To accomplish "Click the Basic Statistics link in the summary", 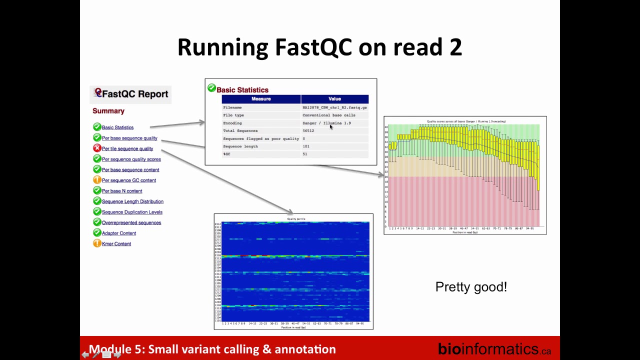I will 117,127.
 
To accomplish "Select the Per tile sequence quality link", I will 127,148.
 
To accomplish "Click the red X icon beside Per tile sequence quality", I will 97,148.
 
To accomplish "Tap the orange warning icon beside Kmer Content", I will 97,243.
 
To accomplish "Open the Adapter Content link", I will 119,233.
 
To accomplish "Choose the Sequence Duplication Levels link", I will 132,212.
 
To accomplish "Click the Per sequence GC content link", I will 129,180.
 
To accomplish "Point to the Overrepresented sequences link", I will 131,222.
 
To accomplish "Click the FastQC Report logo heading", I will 131,93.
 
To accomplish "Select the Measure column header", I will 261,99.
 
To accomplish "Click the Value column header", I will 334,99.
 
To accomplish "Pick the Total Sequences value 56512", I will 308,131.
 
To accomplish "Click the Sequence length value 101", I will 306,146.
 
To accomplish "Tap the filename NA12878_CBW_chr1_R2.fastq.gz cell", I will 334,107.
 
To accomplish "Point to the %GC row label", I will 226,154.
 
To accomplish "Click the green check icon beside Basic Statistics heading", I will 211,88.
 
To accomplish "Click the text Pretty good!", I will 471,287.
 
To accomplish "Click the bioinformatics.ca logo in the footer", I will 494,348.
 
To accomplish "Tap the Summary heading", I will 108,111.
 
